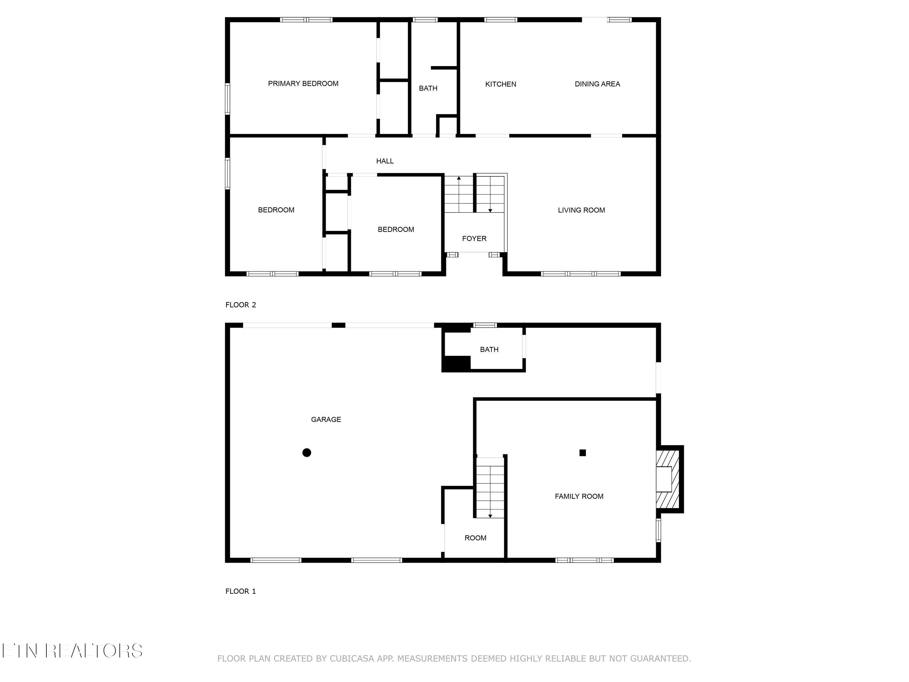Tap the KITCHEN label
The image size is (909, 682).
coord(501,84)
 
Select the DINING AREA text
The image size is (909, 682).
coord(597,84)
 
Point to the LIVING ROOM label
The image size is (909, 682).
coord(581,210)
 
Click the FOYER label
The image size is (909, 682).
coord(474,239)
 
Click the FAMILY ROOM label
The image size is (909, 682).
coord(579,496)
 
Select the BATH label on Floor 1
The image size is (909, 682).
coord(489,350)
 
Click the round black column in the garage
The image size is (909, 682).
coord(307,453)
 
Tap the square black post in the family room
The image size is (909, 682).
coord(583,453)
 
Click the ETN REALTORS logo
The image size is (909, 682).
coord(72,651)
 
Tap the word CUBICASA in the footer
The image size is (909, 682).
coord(352,659)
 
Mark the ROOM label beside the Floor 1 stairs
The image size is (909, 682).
coord(475,538)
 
